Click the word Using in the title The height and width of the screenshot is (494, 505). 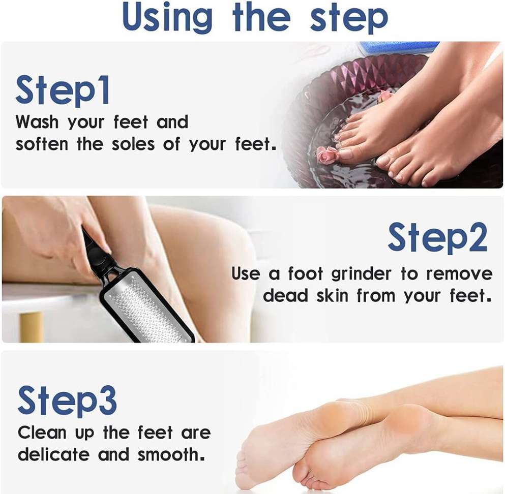pyautogui.click(x=167, y=17)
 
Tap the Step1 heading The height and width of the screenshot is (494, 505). pyautogui.click(x=63, y=90)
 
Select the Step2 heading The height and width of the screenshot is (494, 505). pyautogui.click(x=438, y=238)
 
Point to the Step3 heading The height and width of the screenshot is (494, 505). pyautogui.click(x=67, y=402)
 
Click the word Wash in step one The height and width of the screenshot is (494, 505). pyautogui.click(x=37, y=122)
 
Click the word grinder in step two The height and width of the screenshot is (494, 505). pyautogui.click(x=361, y=275)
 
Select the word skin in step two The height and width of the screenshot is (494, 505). pyautogui.click(x=332, y=295)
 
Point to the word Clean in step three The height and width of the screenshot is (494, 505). pyautogui.click(x=42, y=432)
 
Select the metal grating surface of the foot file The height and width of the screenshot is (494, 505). pyautogui.click(x=148, y=308)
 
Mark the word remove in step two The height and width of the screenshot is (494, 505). pyautogui.click(x=459, y=274)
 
